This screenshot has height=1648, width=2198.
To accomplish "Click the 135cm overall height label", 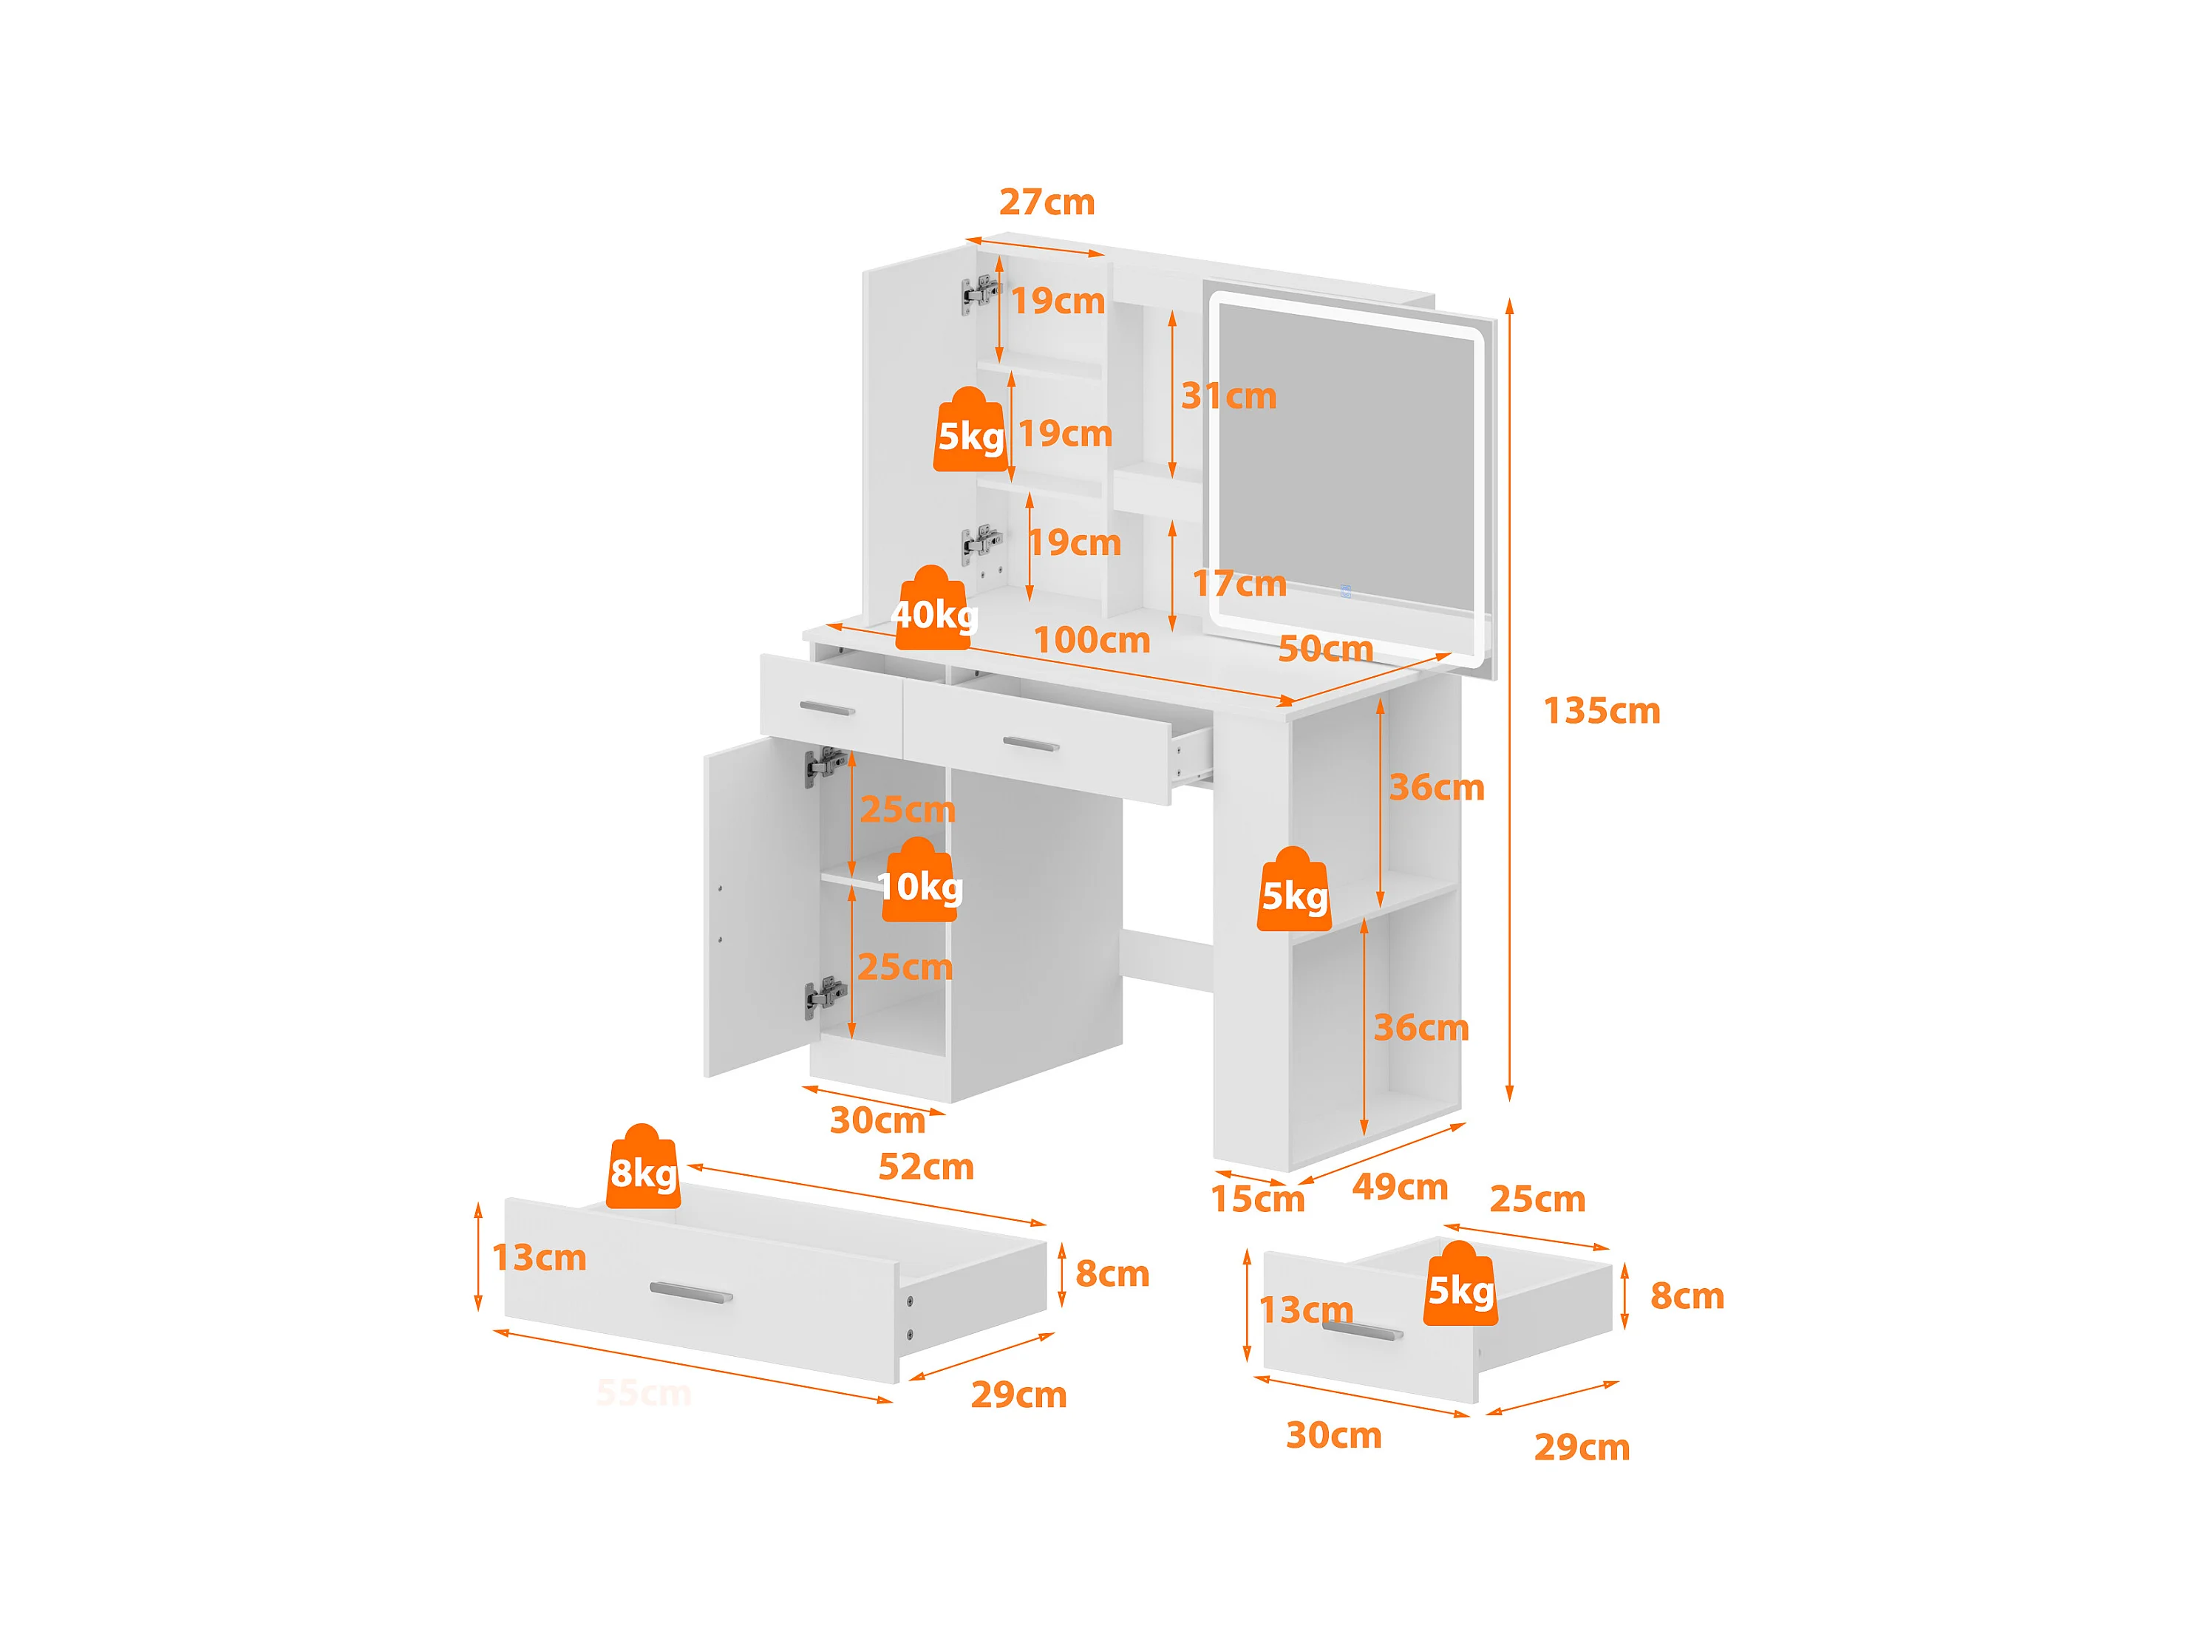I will click(1601, 711).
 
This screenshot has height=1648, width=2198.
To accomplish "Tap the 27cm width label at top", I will click(1047, 202).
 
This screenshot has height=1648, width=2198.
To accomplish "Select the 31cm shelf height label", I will click(1228, 396).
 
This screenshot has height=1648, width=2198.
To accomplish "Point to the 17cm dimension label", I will click(1239, 583).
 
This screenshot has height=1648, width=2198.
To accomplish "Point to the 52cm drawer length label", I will click(925, 1166).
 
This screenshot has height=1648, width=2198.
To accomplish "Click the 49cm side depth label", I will click(1399, 1186).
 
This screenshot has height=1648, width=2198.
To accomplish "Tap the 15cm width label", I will click(1257, 1199).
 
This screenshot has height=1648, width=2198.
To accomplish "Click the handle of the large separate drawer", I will click(690, 1293).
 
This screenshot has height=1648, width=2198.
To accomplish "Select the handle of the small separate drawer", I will click(1362, 1331).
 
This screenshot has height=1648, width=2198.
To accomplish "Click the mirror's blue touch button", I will click(1345, 591).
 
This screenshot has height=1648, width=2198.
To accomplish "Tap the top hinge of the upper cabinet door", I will click(981, 293).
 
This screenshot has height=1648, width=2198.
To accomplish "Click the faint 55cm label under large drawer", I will click(644, 1393).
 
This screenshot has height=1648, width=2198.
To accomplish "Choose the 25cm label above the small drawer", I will click(1537, 1199).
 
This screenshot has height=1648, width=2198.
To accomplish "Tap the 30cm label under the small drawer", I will click(1333, 1435).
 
